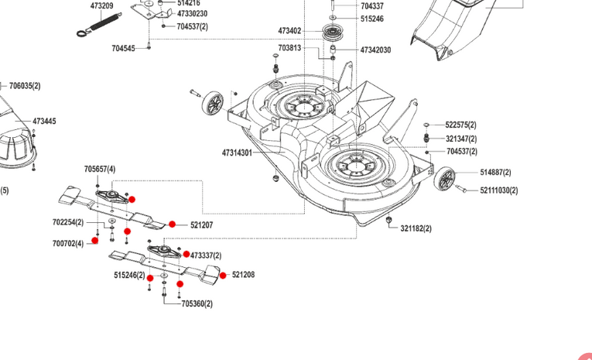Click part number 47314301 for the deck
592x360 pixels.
pos(237,153)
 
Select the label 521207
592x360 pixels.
pos(201,225)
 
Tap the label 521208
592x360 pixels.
pos(243,275)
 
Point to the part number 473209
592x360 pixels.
pos(101,6)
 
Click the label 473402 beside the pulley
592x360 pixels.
pos(289,31)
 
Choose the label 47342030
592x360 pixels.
pos(375,50)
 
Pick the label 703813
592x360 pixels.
pos(289,48)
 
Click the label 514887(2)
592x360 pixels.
pos(495,173)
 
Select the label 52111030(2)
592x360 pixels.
pos(498,190)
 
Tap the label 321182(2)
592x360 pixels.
pos(416,228)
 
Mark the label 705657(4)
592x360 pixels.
pos(100,169)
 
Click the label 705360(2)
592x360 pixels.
pos(197,304)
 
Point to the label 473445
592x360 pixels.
pos(44,122)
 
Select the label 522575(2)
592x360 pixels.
pos(461,125)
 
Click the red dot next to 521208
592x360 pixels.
pos(223,275)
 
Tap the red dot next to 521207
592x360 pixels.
pos(172,225)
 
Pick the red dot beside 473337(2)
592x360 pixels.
pos(186,254)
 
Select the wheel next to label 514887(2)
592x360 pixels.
pos(445,180)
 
